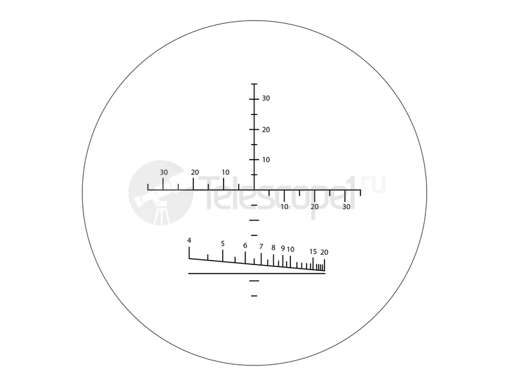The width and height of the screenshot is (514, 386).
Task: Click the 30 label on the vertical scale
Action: pos(266,98)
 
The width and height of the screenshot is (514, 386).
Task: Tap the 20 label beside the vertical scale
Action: pos(266,130)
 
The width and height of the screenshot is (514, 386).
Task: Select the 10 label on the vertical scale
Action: pos(266,160)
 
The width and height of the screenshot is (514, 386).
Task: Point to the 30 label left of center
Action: pos(164,172)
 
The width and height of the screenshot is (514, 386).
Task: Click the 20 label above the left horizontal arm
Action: pos(195,172)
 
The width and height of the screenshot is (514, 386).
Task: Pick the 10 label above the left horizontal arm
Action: pos(226,172)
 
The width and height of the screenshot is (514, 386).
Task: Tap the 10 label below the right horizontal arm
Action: pos(284,207)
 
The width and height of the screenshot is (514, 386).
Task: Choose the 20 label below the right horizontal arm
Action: pos(314,207)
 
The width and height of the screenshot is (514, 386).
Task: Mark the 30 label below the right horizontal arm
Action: pos(346,207)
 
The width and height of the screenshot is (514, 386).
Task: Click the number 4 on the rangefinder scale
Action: pos(189,241)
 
